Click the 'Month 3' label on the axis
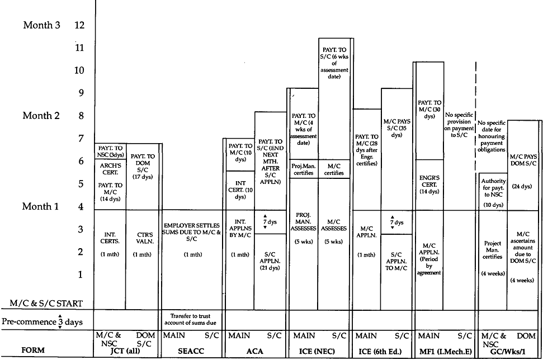pos(41,25)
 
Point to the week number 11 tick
pos(80,48)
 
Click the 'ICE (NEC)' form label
pos(319,352)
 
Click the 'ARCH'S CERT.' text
pos(110,168)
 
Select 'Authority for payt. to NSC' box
pos(492,189)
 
